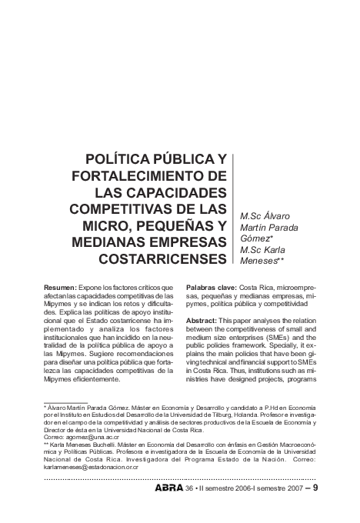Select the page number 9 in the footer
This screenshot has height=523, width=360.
pyautogui.click(x=315, y=488)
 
